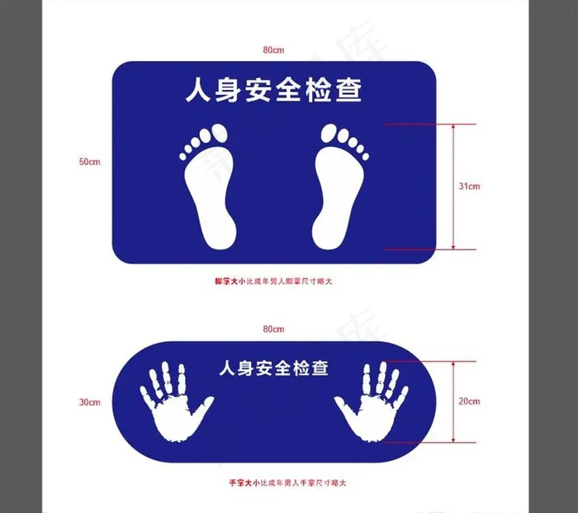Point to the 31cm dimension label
(x=469, y=187)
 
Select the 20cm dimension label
(x=469, y=401)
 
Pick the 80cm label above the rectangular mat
(x=273, y=50)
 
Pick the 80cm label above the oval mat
(x=273, y=329)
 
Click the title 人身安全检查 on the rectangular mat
(x=273, y=89)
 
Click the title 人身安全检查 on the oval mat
(x=273, y=368)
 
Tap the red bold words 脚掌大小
(x=230, y=282)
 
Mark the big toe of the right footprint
(x=329, y=133)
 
